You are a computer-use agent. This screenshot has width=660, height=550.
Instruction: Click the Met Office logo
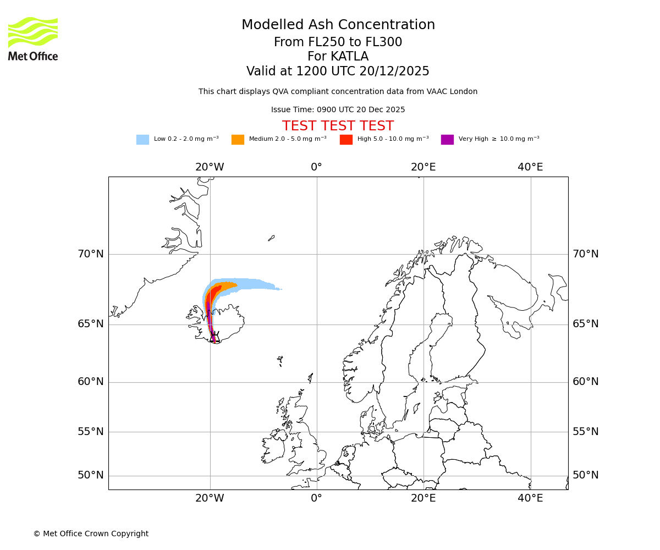coord(33,38)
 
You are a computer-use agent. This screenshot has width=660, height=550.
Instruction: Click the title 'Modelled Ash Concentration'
coord(338,25)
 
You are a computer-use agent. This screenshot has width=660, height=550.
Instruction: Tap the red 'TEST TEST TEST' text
coord(338,127)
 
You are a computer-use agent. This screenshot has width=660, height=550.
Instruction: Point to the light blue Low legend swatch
coord(142,140)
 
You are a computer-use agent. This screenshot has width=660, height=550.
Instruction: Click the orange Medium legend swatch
coord(238,140)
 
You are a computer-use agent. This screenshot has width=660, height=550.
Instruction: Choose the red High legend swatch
coord(346,140)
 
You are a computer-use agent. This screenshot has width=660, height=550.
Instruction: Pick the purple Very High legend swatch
coord(447,140)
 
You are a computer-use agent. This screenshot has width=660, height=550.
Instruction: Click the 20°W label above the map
coord(210,167)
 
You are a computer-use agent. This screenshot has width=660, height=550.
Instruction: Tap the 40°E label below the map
coord(530,498)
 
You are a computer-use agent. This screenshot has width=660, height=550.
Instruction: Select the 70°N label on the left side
coord(90,254)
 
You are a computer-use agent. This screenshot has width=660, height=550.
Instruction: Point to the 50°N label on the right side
coord(585,475)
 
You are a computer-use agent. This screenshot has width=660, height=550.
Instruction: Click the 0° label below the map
coord(316,498)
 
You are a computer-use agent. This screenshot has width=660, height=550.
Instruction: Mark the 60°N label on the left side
coord(90,382)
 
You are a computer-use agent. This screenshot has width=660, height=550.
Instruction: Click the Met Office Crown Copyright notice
coord(91,533)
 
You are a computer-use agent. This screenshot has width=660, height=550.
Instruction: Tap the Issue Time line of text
coord(338,109)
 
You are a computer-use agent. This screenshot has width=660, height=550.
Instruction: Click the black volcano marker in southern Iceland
coord(215,337)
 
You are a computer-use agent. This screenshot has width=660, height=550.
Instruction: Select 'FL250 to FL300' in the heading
coord(360,42)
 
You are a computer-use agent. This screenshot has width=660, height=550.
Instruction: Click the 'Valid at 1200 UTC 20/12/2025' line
coord(338,71)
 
